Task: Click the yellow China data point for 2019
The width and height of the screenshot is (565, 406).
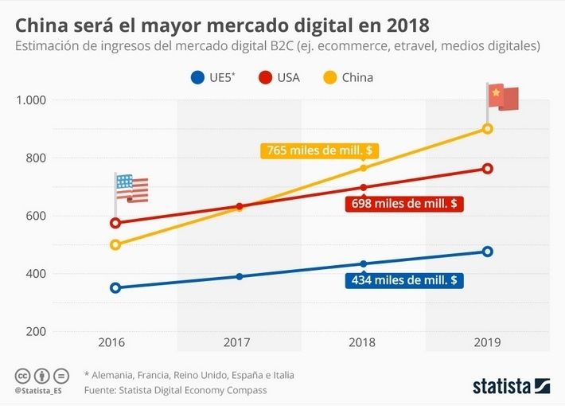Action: tap(488, 129)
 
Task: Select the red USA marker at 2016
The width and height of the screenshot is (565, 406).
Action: tap(115, 223)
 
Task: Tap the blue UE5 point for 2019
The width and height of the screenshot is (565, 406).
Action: tap(488, 252)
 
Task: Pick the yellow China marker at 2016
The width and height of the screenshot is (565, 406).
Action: tap(115, 244)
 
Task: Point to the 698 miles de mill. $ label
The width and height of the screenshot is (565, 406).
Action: tap(405, 204)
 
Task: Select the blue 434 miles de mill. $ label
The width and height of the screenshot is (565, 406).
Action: tap(405, 280)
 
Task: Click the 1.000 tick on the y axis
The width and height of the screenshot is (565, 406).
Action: tap(31, 100)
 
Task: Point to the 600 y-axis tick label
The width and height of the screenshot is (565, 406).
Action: tap(35, 216)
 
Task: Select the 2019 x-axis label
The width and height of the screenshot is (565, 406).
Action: tap(487, 342)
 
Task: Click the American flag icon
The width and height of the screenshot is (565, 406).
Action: tap(131, 189)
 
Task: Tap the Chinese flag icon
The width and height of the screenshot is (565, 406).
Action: tap(503, 97)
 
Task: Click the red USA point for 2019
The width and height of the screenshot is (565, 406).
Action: tap(488, 169)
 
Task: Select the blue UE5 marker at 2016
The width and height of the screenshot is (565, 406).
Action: tap(115, 287)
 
